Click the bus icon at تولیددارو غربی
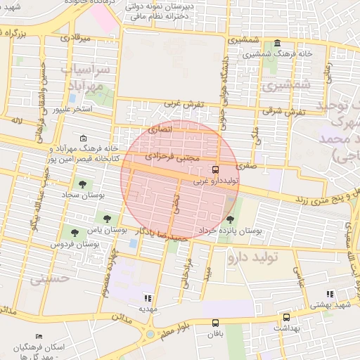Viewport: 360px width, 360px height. (215, 169)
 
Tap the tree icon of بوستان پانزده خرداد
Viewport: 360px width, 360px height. (230, 219)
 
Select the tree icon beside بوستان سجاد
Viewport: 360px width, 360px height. (83, 184)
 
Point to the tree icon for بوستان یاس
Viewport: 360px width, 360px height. (107, 219)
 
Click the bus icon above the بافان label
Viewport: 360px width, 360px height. (214, 323)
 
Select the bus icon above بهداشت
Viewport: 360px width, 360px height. (286, 317)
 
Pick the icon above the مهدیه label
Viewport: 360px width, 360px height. (148, 298)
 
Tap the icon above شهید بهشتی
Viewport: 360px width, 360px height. (329, 293)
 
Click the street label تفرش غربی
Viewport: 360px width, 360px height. (184, 104)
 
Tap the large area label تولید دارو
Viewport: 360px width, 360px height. (252, 257)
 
